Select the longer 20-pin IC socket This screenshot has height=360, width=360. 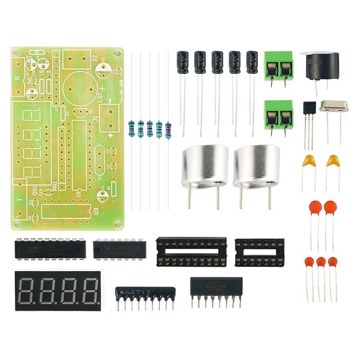pos(191,252)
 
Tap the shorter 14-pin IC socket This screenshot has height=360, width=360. pos(259,252)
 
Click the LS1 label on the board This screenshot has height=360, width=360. pos(101,98)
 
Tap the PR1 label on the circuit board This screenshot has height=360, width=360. pos(54,185)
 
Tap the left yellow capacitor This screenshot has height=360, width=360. pos(308,162)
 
